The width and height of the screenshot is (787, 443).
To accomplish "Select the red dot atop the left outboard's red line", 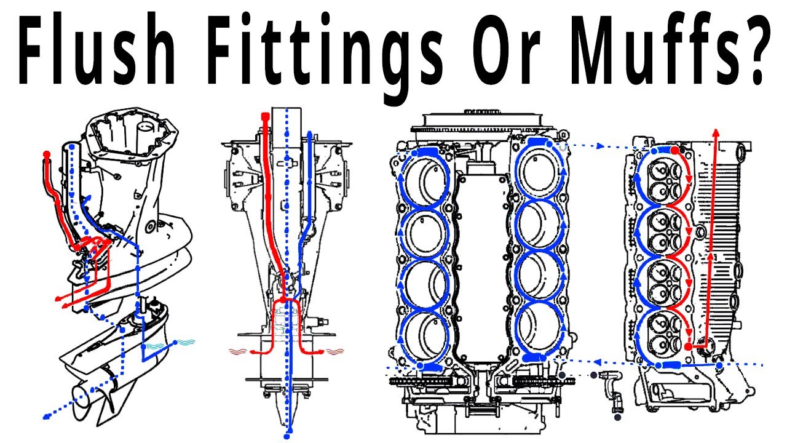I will [47, 154].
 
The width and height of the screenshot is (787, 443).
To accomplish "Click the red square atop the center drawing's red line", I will [265, 116].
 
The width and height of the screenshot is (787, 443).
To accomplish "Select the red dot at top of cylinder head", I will [674, 151].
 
